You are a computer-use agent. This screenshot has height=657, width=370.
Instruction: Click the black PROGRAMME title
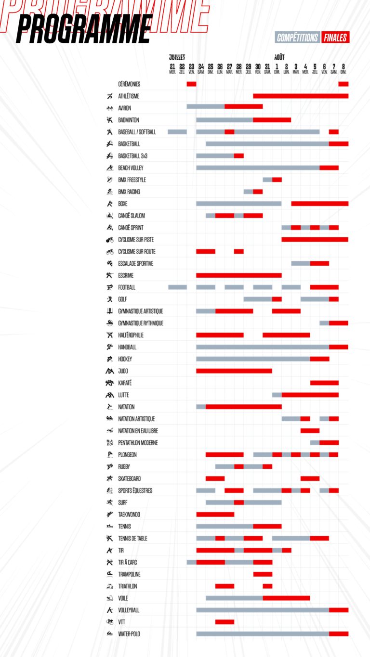pos(84,29)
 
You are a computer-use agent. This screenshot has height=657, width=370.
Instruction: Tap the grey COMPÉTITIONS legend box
pos(297,38)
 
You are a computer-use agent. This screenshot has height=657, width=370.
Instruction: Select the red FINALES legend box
pos(335,38)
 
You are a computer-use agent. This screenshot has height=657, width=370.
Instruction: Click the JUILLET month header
pos(177,57)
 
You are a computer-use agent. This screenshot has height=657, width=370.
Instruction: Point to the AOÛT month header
pos(279,57)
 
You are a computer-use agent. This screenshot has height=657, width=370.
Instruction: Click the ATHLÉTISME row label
pos(129,96)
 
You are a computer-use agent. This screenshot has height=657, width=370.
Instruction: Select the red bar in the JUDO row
pos(234,371)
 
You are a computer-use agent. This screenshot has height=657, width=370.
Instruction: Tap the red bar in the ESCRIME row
pos(238,275)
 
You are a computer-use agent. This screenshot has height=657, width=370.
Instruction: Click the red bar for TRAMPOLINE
pos(263,574)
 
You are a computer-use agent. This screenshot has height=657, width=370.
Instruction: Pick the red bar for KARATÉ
pos(324,383)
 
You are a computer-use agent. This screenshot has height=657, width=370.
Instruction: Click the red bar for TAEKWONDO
pos(215,515)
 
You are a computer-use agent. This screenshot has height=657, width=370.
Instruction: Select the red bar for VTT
pos(225,622)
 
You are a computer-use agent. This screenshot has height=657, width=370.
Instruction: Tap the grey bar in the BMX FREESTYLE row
pos(267,180)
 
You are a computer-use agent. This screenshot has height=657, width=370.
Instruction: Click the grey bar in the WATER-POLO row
pos(263,634)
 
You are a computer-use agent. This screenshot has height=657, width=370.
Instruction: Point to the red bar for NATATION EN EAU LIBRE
pos(310,431)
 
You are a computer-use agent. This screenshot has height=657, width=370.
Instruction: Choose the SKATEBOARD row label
pos(131,478)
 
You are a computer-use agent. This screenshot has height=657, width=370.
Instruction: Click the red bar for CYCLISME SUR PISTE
pos(315,240)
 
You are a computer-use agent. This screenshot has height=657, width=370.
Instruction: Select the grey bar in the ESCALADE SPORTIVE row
pos(301,263)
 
